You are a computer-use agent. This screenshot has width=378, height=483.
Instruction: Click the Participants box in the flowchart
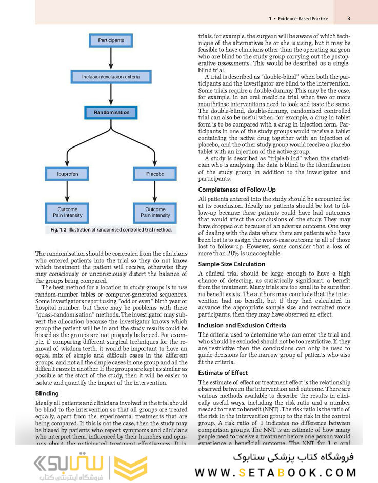pos(111,40)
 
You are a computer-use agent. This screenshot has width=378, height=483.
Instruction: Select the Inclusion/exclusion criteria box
pos(111,77)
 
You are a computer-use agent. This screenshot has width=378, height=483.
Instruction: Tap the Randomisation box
pos(111,112)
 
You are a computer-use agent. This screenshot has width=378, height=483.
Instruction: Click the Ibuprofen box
pos(68,174)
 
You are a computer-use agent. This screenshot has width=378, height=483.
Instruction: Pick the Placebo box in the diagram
pos(155,174)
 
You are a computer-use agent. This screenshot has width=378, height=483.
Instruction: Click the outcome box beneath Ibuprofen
pos(68,212)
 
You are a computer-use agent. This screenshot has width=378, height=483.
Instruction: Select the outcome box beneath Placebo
pos(155,212)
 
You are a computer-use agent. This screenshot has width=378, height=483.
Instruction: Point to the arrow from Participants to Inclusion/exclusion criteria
pos(111,58)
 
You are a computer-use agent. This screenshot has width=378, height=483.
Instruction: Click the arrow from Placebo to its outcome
pos(155,192)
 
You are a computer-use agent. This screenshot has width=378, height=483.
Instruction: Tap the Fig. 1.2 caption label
pos(55,230)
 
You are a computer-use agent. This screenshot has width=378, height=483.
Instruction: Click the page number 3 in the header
pos(348,19)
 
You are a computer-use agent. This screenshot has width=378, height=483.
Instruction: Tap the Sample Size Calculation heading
pos(231,264)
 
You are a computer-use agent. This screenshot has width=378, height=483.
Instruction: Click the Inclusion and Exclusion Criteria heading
pos(242,325)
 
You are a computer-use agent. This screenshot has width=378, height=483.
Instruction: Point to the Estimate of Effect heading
pos(223,373)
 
